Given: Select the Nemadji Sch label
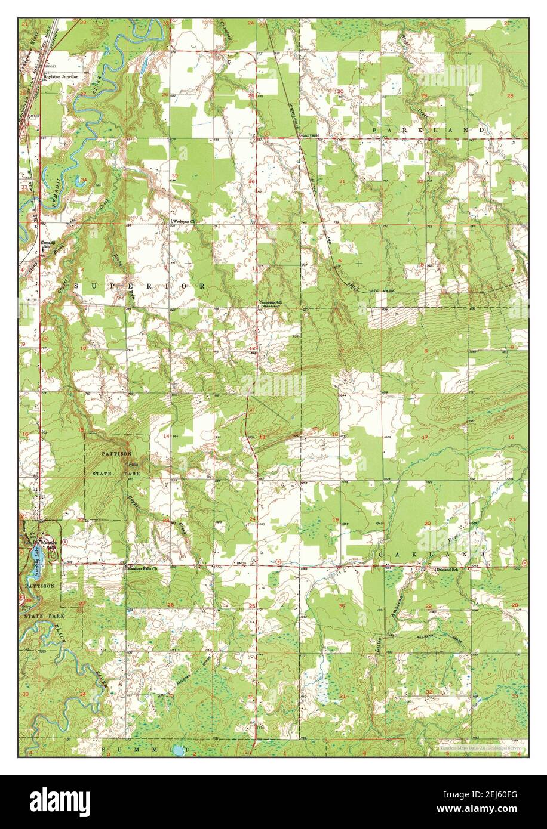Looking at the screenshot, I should [49, 243].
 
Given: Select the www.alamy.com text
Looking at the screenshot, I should [493, 809].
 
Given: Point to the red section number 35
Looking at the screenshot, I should [174, 175].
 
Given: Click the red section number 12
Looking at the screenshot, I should [252, 348].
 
